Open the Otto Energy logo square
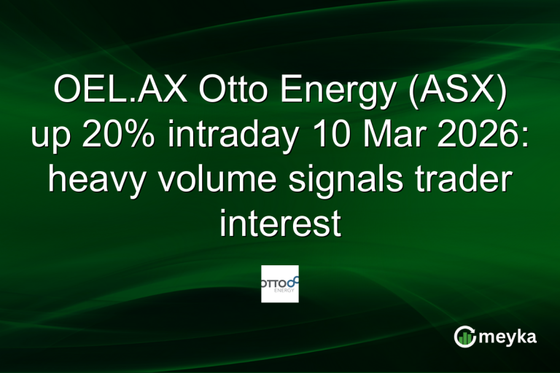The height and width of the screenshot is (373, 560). [x=280, y=283]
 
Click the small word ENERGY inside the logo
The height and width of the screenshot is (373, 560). [x=285, y=290]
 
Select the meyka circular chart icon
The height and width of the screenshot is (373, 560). [x=464, y=336]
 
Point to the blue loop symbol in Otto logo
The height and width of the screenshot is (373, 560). [x=293, y=280]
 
